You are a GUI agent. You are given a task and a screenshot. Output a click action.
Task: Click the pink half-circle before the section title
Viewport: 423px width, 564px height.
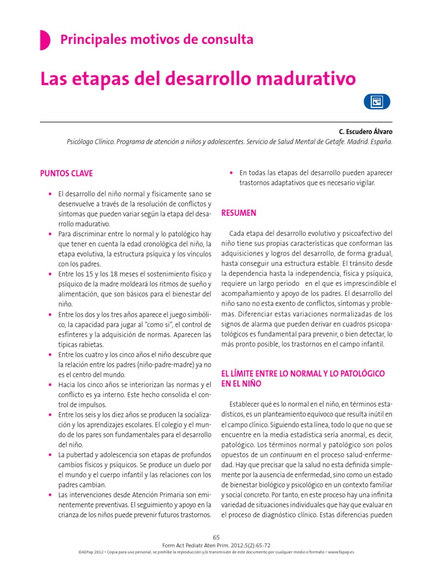coord(44,40)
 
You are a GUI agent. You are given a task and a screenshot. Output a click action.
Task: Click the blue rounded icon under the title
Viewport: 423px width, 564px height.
coord(377,102)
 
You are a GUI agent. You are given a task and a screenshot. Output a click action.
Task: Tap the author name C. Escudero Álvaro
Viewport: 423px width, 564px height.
coord(366,132)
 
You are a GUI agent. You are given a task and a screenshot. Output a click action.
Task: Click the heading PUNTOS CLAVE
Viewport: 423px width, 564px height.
coord(67,173)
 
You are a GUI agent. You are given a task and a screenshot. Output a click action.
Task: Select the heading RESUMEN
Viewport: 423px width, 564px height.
coord(238,213)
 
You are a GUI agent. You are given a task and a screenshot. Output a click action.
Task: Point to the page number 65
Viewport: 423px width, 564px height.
coord(216,537)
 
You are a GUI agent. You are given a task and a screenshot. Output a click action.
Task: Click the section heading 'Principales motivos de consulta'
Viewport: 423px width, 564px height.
coord(156,40)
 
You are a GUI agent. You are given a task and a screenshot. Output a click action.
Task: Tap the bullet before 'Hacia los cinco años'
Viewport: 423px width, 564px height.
coord(50,384)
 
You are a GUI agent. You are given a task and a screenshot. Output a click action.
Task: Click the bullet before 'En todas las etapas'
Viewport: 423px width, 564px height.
coord(231,173)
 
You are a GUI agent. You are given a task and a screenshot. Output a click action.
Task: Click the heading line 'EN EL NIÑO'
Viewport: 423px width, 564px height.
coord(241,383)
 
